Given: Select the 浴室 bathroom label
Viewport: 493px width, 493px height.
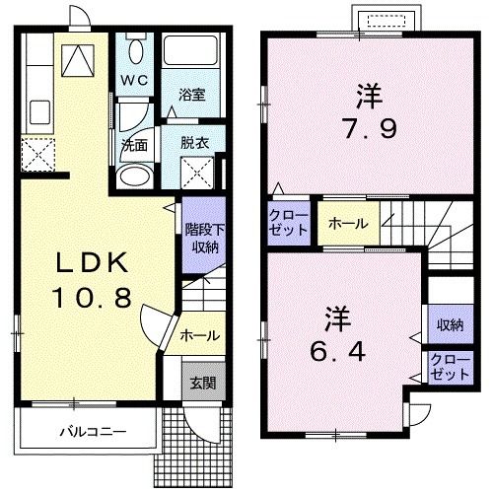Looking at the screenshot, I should click(191, 95).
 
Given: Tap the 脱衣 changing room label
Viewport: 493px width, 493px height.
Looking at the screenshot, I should click(193, 142).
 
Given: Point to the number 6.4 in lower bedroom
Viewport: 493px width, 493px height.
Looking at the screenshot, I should click(337, 348).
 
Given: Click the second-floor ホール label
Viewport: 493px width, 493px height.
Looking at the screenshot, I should click(349, 224).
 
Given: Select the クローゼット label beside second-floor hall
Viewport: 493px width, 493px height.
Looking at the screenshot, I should click(289, 223).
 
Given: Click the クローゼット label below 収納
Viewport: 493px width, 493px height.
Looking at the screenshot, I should click(448, 369).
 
